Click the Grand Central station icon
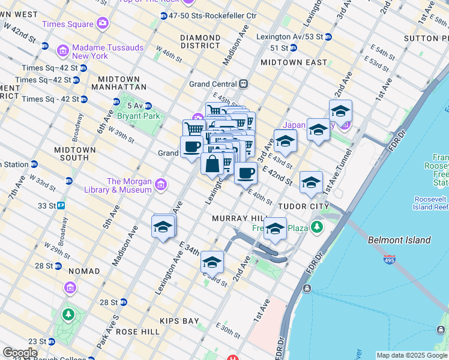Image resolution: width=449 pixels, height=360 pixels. (244, 84)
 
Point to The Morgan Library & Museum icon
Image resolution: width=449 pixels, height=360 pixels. (160, 185)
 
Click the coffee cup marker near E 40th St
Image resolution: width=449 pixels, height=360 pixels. (246, 174)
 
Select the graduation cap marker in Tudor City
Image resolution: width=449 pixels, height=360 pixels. (311, 182)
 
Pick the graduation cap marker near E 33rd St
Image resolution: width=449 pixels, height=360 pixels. (212, 262)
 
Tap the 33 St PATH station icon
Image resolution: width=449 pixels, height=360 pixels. (61, 205)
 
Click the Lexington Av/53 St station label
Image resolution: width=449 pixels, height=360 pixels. (289, 37)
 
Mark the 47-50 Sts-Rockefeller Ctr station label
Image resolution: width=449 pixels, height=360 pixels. (212, 15)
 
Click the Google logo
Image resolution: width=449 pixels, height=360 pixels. (20, 353)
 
